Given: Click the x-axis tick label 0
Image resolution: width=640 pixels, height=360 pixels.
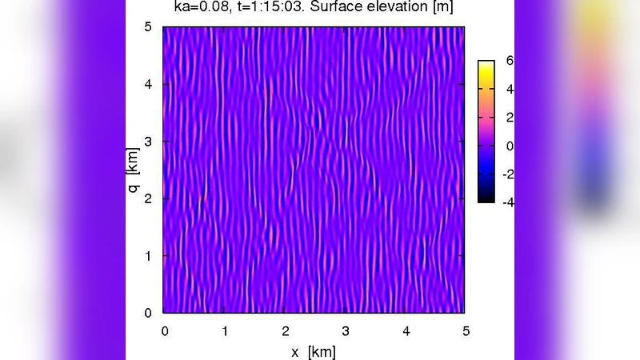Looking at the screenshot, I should point(165,330).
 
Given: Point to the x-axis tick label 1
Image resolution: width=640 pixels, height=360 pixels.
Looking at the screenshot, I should point(225,330).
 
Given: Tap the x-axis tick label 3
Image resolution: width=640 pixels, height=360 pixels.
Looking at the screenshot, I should point(345,330).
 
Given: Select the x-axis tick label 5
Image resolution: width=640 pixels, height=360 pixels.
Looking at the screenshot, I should point(465,330).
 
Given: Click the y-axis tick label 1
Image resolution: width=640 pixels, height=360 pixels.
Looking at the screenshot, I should point(147,255).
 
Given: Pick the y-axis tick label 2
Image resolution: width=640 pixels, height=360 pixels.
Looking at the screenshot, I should point(147,198).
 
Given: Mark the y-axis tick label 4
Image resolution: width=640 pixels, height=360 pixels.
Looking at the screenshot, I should point(147,84).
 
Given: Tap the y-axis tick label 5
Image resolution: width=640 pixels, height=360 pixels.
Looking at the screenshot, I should point(147,27).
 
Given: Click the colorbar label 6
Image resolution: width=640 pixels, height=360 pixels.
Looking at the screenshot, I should point(510,61).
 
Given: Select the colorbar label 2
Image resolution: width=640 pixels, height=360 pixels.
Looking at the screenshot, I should point(510,118).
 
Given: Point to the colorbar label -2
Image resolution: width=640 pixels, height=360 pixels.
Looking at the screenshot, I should point(507,174).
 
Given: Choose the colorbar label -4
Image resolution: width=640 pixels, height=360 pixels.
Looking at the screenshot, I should point(507,202).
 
